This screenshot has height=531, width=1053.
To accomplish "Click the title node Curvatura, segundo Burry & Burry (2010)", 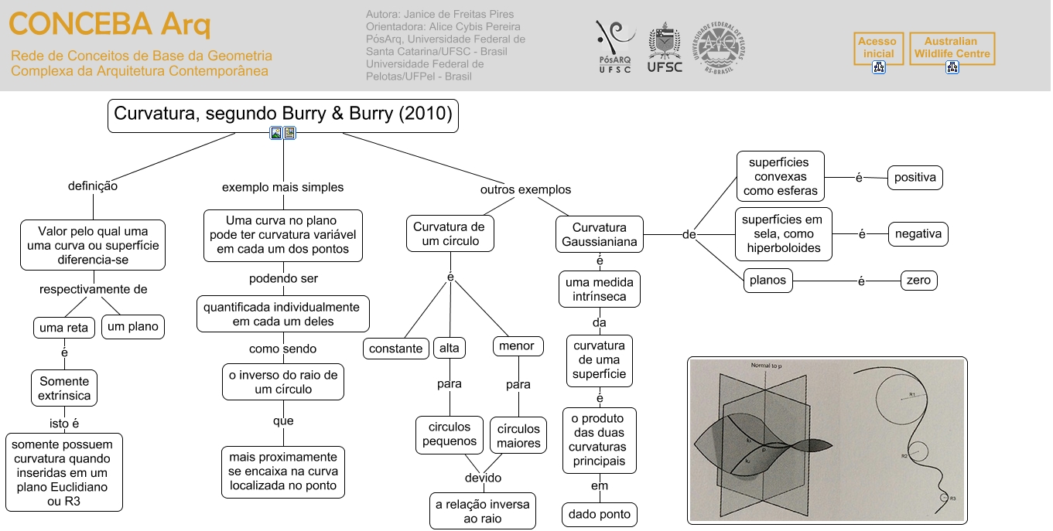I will tap(282, 114).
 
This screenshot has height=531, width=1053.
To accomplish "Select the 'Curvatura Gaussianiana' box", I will tap(600, 235).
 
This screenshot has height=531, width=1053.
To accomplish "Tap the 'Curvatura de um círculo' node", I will tap(449, 234).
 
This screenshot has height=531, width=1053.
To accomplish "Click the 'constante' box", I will tap(396, 349).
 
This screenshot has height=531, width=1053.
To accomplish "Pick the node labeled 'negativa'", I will tap(918, 233).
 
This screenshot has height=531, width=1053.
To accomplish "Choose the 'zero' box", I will tap(919, 281).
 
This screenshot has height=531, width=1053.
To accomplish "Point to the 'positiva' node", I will tap(915, 178).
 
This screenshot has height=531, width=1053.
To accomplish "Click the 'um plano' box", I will tap(133, 327).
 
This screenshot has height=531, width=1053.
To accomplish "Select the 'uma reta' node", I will tap(63, 328).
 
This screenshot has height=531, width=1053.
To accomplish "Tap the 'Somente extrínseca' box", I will tap(64, 389).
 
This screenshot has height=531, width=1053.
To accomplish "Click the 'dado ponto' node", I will tap(600, 514).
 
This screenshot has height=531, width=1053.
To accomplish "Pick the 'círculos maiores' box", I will tap(518, 436).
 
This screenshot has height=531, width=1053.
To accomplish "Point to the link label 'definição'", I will tap(93, 186).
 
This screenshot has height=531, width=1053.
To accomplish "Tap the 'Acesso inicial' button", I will tap(878, 48).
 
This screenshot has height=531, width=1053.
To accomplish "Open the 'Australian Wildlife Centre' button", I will tap(952, 48).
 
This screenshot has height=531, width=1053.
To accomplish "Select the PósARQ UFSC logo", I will tap(615, 46).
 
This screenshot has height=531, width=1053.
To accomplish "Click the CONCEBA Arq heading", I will tap(109, 26).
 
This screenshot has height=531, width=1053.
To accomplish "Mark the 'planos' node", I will tap(768, 281).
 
